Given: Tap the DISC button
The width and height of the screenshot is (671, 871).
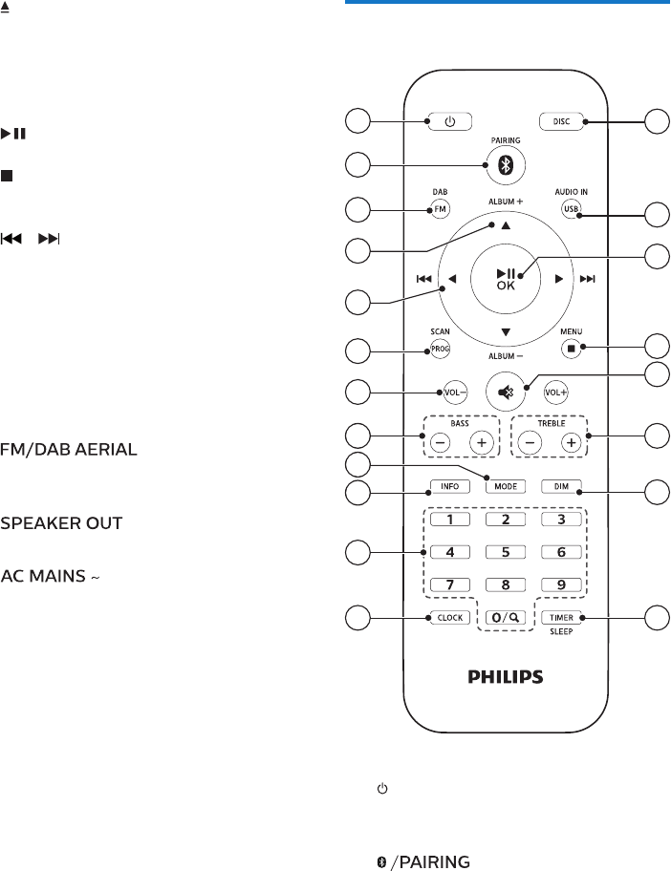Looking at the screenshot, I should click(x=561, y=121).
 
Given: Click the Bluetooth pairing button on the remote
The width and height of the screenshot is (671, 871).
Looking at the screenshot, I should click(x=507, y=164).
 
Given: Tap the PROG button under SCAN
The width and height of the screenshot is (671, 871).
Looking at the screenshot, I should click(x=439, y=350).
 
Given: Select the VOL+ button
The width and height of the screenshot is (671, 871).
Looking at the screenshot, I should click(x=557, y=391).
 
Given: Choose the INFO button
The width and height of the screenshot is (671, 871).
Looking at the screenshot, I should click(x=449, y=486).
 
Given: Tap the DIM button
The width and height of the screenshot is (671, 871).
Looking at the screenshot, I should click(x=561, y=486).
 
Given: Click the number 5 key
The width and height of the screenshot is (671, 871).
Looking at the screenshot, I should click(x=506, y=551).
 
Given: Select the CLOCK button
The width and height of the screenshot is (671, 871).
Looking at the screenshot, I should click(x=450, y=617).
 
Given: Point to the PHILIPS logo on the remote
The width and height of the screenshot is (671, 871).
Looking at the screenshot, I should click(x=506, y=677).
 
